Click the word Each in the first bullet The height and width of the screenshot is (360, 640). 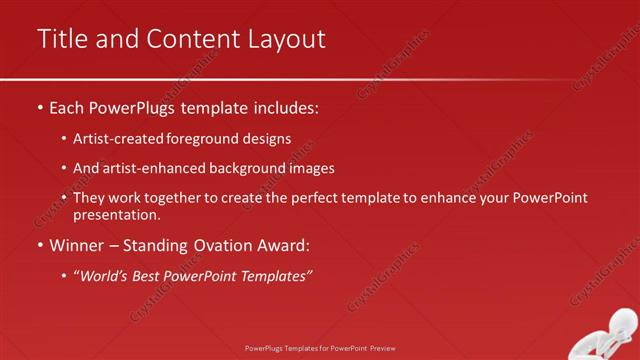point(66,106)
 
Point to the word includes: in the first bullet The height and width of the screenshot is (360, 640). point(285,106)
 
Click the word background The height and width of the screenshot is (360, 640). point(244,169)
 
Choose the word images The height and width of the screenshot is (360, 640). point(311,169)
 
